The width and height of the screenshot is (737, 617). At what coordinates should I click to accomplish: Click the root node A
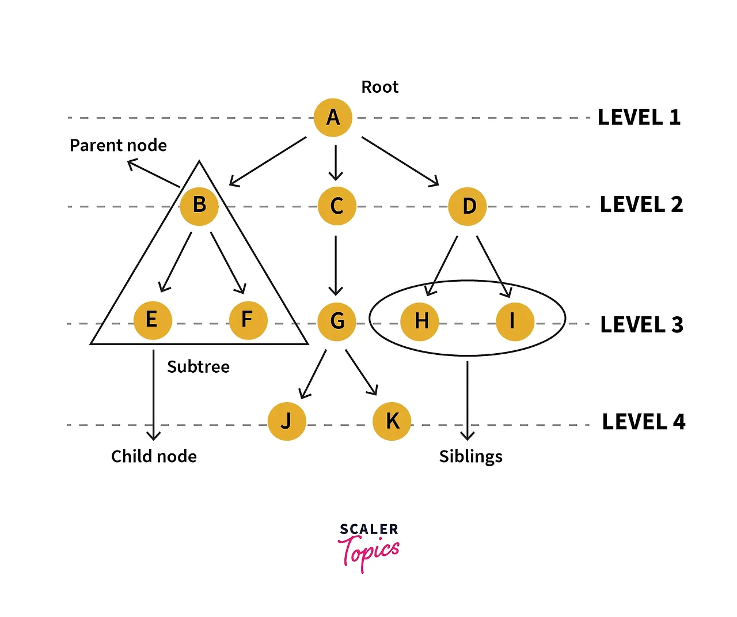333,118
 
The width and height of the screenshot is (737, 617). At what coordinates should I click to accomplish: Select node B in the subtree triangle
199,206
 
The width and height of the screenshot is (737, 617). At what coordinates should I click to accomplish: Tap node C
337,206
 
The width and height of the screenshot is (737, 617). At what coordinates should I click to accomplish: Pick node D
468,206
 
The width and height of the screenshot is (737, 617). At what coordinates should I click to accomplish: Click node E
153,320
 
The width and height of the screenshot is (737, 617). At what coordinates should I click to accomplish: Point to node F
248,320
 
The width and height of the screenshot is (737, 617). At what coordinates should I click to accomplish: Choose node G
337,321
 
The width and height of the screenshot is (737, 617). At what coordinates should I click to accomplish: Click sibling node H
420,321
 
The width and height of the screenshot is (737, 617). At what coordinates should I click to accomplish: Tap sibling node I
515,321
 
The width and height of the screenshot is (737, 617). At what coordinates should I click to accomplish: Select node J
287,421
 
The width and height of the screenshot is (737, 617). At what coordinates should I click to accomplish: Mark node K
392,421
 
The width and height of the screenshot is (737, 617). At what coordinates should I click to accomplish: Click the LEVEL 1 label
639,118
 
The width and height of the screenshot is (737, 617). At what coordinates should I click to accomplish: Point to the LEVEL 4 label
644,422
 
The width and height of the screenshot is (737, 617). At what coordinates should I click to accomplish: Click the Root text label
379,87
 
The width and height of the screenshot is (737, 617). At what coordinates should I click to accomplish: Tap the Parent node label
118,145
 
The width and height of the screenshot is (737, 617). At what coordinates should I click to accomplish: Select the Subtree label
198,367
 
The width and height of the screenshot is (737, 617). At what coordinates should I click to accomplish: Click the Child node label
154,456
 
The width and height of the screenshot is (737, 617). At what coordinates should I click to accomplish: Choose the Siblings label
470,457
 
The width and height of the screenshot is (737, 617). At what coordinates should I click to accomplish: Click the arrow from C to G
336,265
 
